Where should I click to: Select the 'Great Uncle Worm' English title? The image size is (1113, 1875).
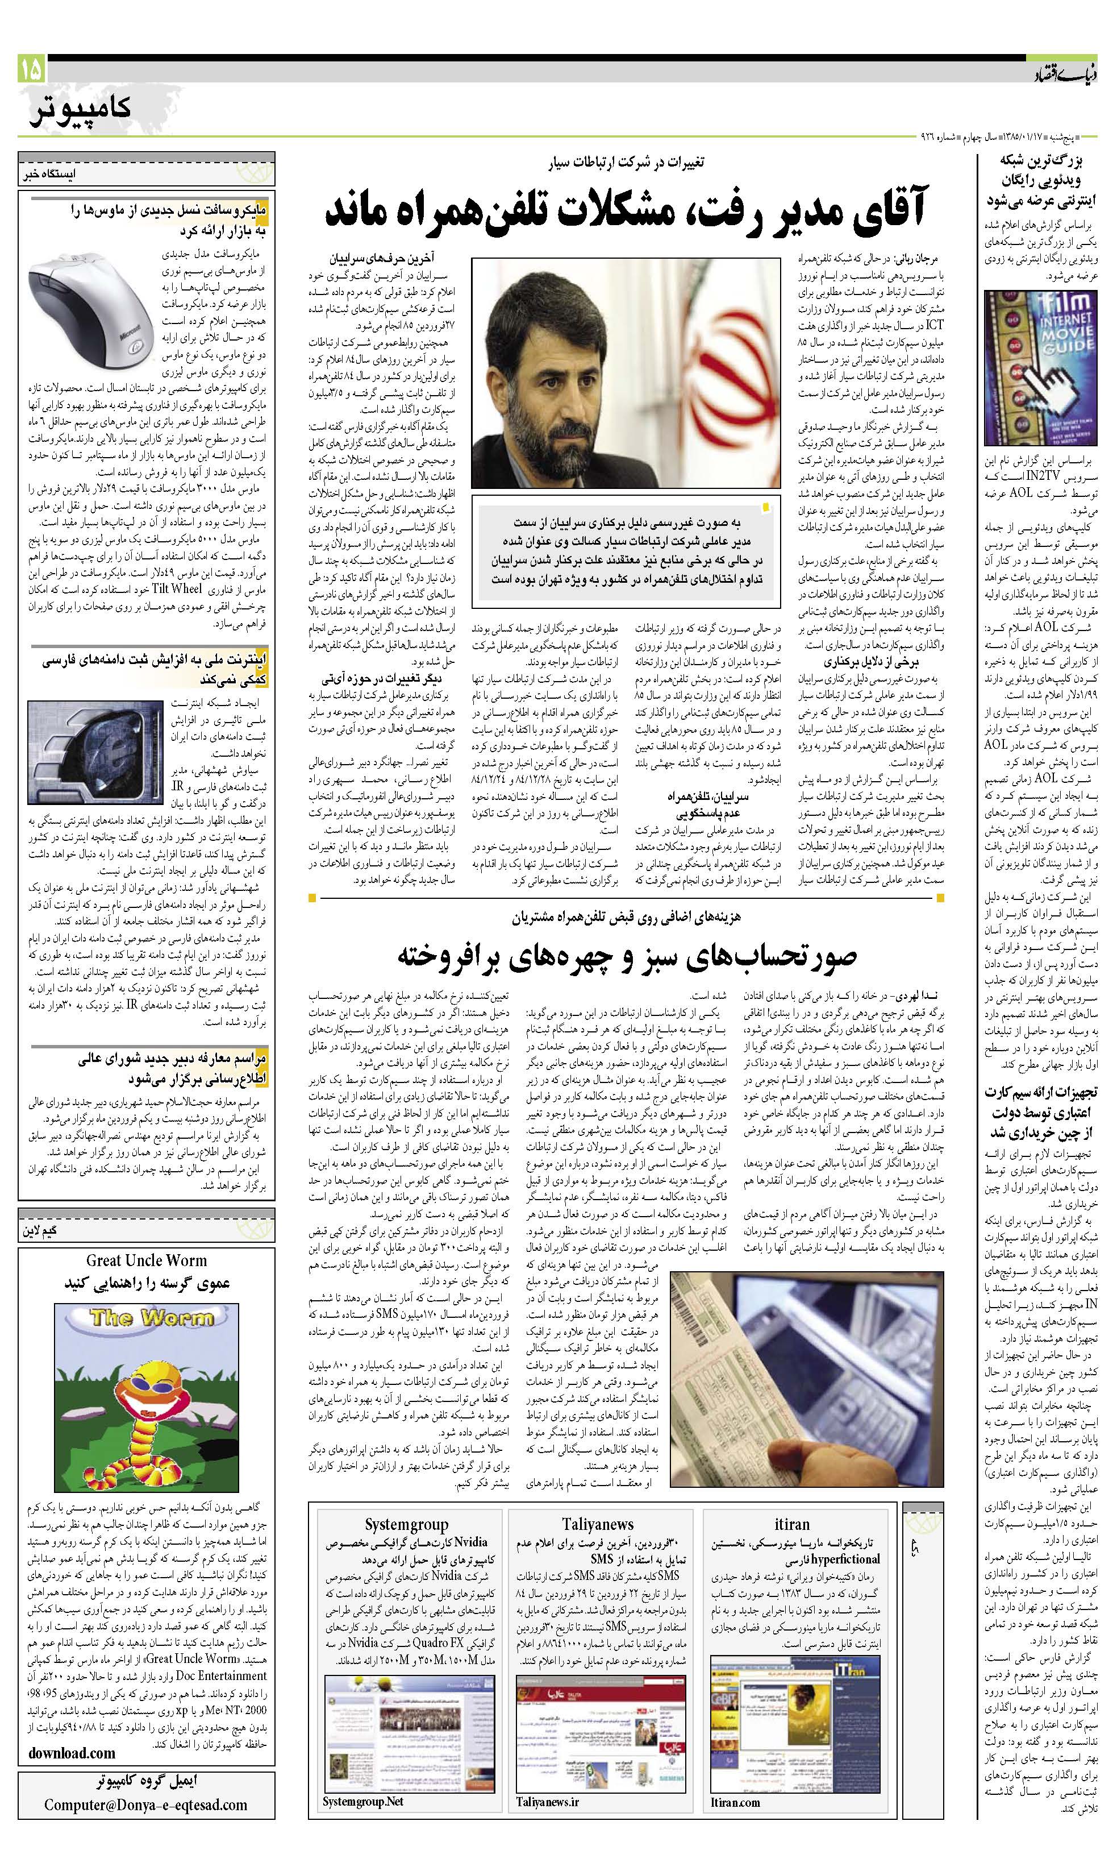[x=146, y=1260]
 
